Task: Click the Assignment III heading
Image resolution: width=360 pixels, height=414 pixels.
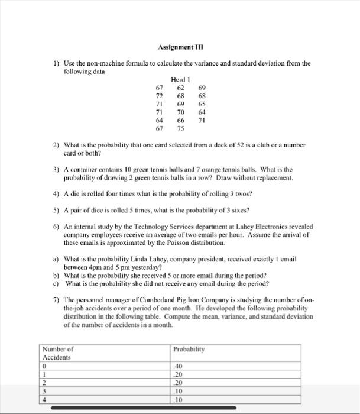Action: pyautogui.click(x=179, y=47)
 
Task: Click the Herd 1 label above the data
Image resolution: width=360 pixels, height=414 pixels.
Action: pyautogui.click(x=180, y=79)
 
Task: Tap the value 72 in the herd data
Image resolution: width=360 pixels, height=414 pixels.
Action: pyautogui.click(x=159, y=95)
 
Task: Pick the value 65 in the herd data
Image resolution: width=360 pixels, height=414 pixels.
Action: pyautogui.click(x=202, y=103)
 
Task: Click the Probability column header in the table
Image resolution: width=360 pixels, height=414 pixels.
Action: pyautogui.click(x=189, y=349)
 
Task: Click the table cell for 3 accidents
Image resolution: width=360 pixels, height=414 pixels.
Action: pyautogui.click(x=44, y=391)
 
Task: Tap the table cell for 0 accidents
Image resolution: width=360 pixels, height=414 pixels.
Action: pyautogui.click(x=44, y=366)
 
